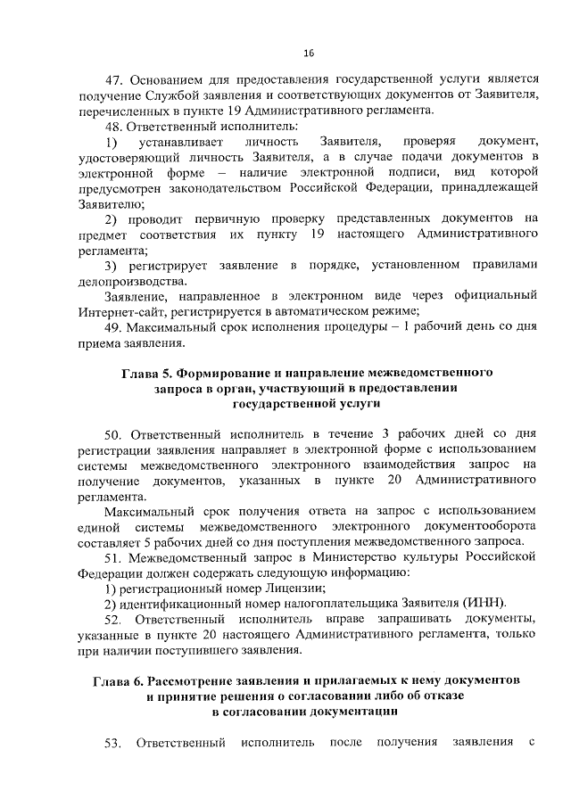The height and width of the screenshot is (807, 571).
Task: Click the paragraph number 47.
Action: [114, 79]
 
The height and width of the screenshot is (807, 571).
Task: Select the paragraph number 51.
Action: [114, 557]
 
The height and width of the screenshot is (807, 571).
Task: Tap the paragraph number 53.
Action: [114, 743]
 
